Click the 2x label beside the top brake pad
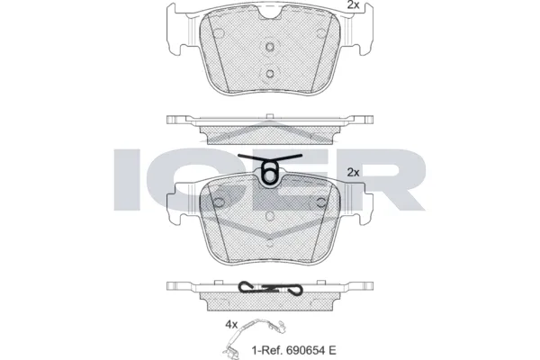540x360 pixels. [353, 4]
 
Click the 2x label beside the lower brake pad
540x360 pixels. [353, 172]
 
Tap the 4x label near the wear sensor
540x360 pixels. [231, 324]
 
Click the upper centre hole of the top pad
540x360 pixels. [270, 46]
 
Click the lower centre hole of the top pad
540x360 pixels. [270, 74]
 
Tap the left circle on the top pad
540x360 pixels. [219, 33]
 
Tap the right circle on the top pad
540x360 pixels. [321, 33]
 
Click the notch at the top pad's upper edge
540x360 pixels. [270, 14]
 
